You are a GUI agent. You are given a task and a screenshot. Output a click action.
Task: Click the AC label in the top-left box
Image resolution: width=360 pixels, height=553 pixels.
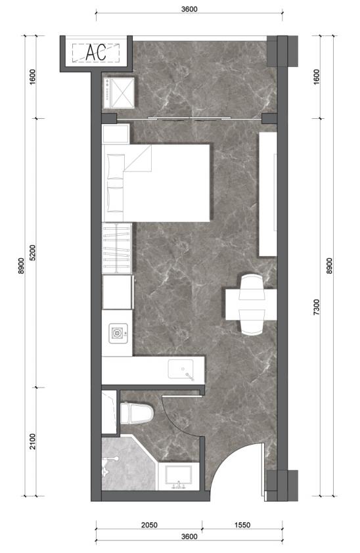[x=96, y=53]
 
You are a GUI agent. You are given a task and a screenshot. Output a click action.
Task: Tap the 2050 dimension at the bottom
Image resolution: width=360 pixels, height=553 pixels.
[x=149, y=525]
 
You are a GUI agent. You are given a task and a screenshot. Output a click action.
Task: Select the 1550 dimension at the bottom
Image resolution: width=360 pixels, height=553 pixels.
[x=242, y=525]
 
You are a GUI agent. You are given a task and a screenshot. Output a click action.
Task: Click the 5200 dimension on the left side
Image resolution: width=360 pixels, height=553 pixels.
[x=33, y=252]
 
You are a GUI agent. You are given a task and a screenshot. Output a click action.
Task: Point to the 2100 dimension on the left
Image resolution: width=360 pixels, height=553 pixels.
[x=33, y=441]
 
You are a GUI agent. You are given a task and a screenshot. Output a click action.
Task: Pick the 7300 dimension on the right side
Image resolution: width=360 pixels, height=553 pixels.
[x=317, y=307]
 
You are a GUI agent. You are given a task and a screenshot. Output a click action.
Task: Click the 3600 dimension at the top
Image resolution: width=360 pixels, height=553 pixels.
[x=189, y=9]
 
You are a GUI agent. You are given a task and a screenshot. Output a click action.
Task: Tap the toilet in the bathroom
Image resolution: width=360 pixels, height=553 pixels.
[x=137, y=413]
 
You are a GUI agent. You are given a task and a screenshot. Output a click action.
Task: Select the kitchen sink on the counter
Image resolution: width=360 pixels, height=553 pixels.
[x=181, y=369]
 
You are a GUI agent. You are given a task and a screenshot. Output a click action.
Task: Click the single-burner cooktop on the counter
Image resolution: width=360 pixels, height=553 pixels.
[x=118, y=333]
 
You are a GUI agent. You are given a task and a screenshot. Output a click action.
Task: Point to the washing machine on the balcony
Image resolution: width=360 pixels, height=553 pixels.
[x=119, y=93]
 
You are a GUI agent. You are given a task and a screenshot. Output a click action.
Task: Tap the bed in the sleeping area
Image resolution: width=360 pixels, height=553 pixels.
[x=156, y=183]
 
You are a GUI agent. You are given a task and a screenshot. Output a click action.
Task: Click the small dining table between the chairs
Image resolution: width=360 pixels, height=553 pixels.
[x=251, y=304]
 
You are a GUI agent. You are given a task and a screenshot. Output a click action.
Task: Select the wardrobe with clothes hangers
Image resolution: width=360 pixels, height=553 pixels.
[x=117, y=248]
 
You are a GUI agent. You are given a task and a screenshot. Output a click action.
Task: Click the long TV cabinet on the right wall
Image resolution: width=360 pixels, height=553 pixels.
[x=268, y=194]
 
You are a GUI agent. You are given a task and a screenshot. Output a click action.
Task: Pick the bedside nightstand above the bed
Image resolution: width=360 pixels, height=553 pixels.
[x=116, y=133]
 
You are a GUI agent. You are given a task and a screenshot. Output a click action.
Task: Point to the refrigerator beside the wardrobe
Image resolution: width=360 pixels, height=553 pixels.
[x=118, y=292]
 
